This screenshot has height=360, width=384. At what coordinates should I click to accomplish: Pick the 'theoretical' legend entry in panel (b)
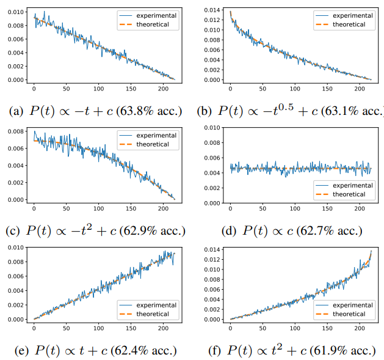[x=348, y=24]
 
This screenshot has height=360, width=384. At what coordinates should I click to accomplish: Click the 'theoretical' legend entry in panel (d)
[x=348, y=194]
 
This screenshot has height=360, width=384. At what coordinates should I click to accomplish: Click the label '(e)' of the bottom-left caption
[x=16, y=350]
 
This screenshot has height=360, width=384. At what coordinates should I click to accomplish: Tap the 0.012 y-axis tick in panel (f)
[x=212, y=259]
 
